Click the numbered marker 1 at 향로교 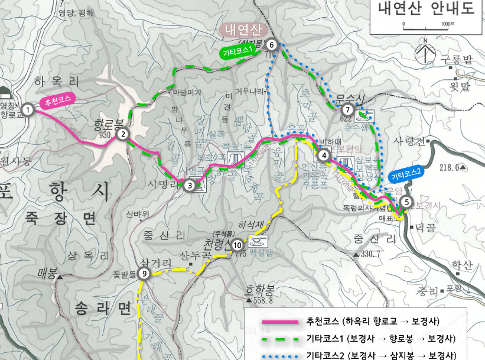pyautogui.click(x=27, y=109)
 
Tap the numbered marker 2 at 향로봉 pyautogui.click(x=123, y=134)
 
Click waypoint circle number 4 pyautogui.click(x=324, y=156)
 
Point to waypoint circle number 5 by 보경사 pyautogui.click(x=405, y=202)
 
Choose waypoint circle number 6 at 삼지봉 pyautogui.click(x=271, y=44)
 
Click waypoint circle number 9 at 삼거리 pyautogui.click(x=145, y=273)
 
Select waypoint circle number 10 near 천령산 pyautogui.click(x=237, y=245)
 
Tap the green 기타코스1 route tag pyautogui.click(x=239, y=52)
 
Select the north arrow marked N pyautogui.click(x=425, y=52)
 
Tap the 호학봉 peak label pyautogui.click(x=260, y=290)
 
